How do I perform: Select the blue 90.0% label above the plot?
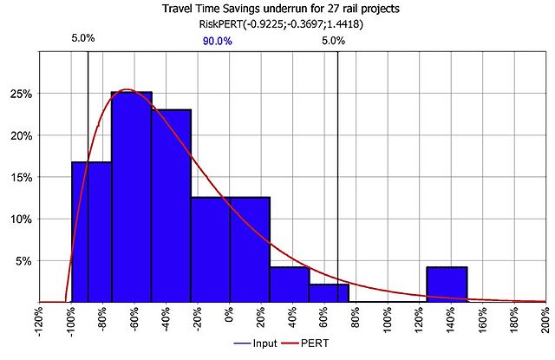tap(217, 41)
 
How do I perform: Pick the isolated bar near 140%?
tap(447, 285)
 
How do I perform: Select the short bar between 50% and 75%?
tap(329, 293)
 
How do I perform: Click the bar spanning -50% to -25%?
tap(171, 206)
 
